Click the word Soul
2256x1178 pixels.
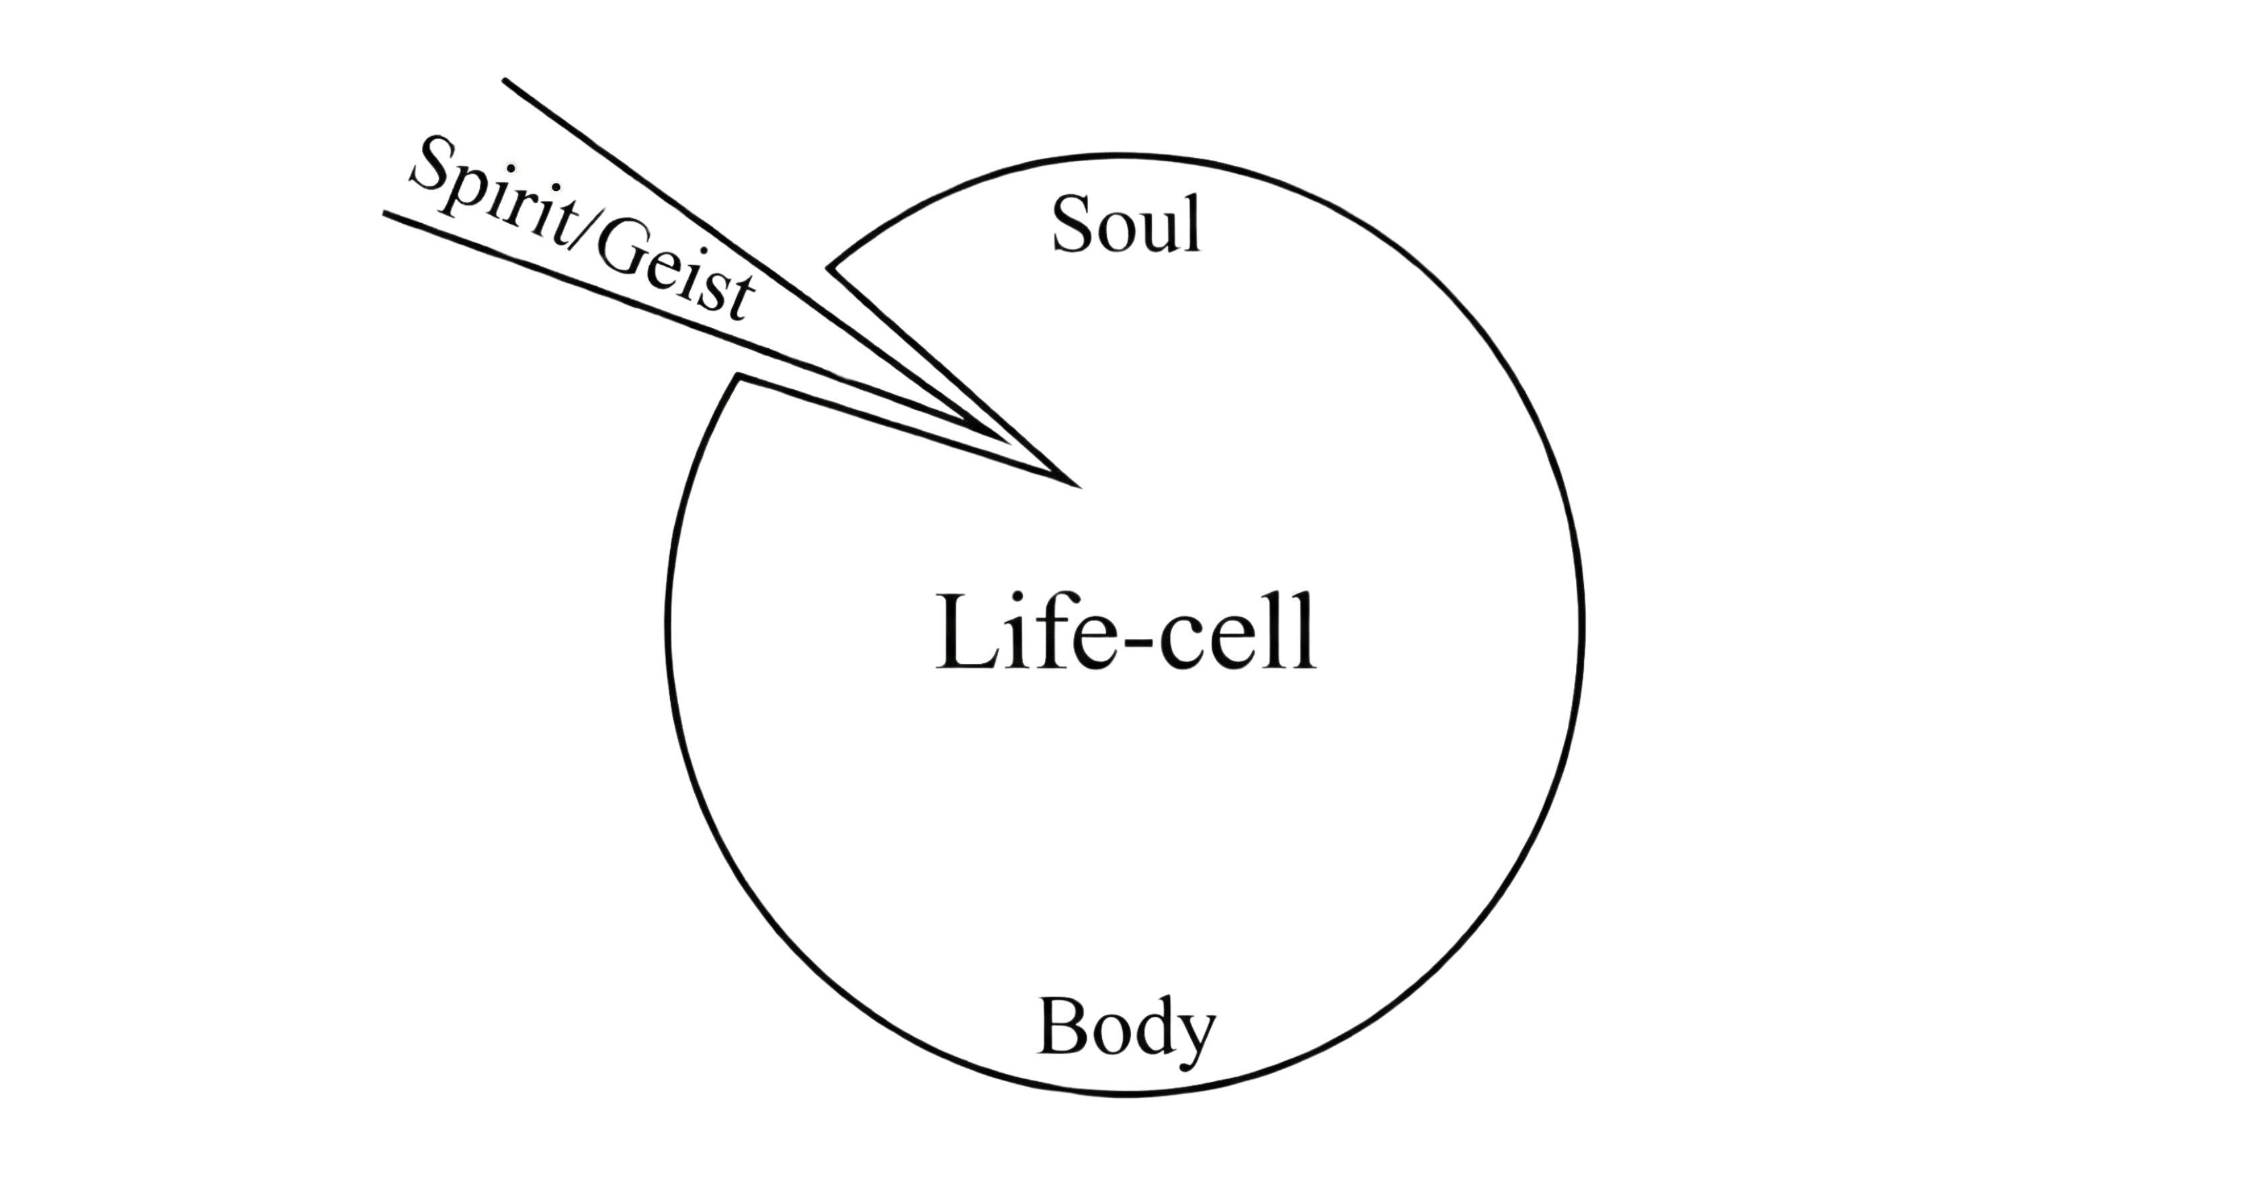(x=1126, y=225)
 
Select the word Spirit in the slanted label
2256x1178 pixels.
(x=495, y=200)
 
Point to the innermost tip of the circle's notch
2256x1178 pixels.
(x=1075, y=482)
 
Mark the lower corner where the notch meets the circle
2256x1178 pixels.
(x=739, y=376)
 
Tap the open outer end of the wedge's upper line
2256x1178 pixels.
(x=505, y=81)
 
